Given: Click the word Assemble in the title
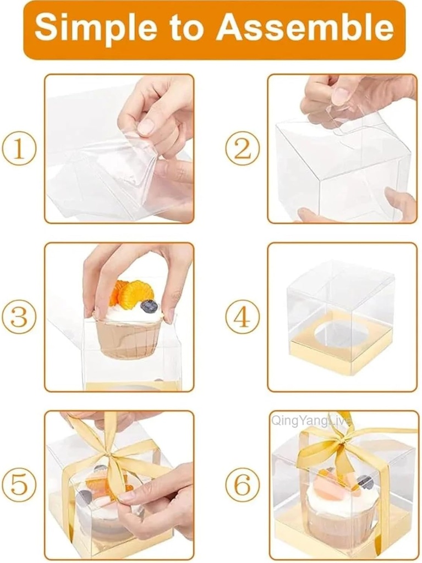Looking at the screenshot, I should (305, 29).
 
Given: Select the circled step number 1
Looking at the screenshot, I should (19, 149).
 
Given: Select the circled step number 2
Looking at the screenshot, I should (243, 149).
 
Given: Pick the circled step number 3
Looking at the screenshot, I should (19, 317).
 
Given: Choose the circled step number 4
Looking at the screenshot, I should (243, 317).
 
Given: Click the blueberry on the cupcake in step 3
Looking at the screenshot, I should (149, 306).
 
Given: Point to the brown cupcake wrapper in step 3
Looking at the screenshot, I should (129, 338).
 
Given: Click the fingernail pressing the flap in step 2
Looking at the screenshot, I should (341, 95).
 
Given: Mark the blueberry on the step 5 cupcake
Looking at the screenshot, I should (84, 498).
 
